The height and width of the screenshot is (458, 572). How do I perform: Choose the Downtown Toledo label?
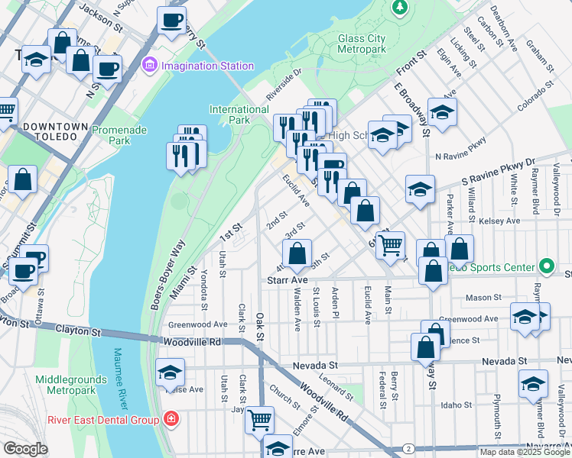50,131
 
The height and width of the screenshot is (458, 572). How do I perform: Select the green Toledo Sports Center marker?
546,266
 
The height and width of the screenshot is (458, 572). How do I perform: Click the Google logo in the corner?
25,449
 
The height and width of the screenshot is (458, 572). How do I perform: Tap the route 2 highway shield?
410,448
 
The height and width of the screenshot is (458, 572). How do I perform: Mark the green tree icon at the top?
399,8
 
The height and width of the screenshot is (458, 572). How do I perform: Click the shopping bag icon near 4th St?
297,253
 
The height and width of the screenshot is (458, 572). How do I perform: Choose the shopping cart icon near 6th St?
390,244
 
